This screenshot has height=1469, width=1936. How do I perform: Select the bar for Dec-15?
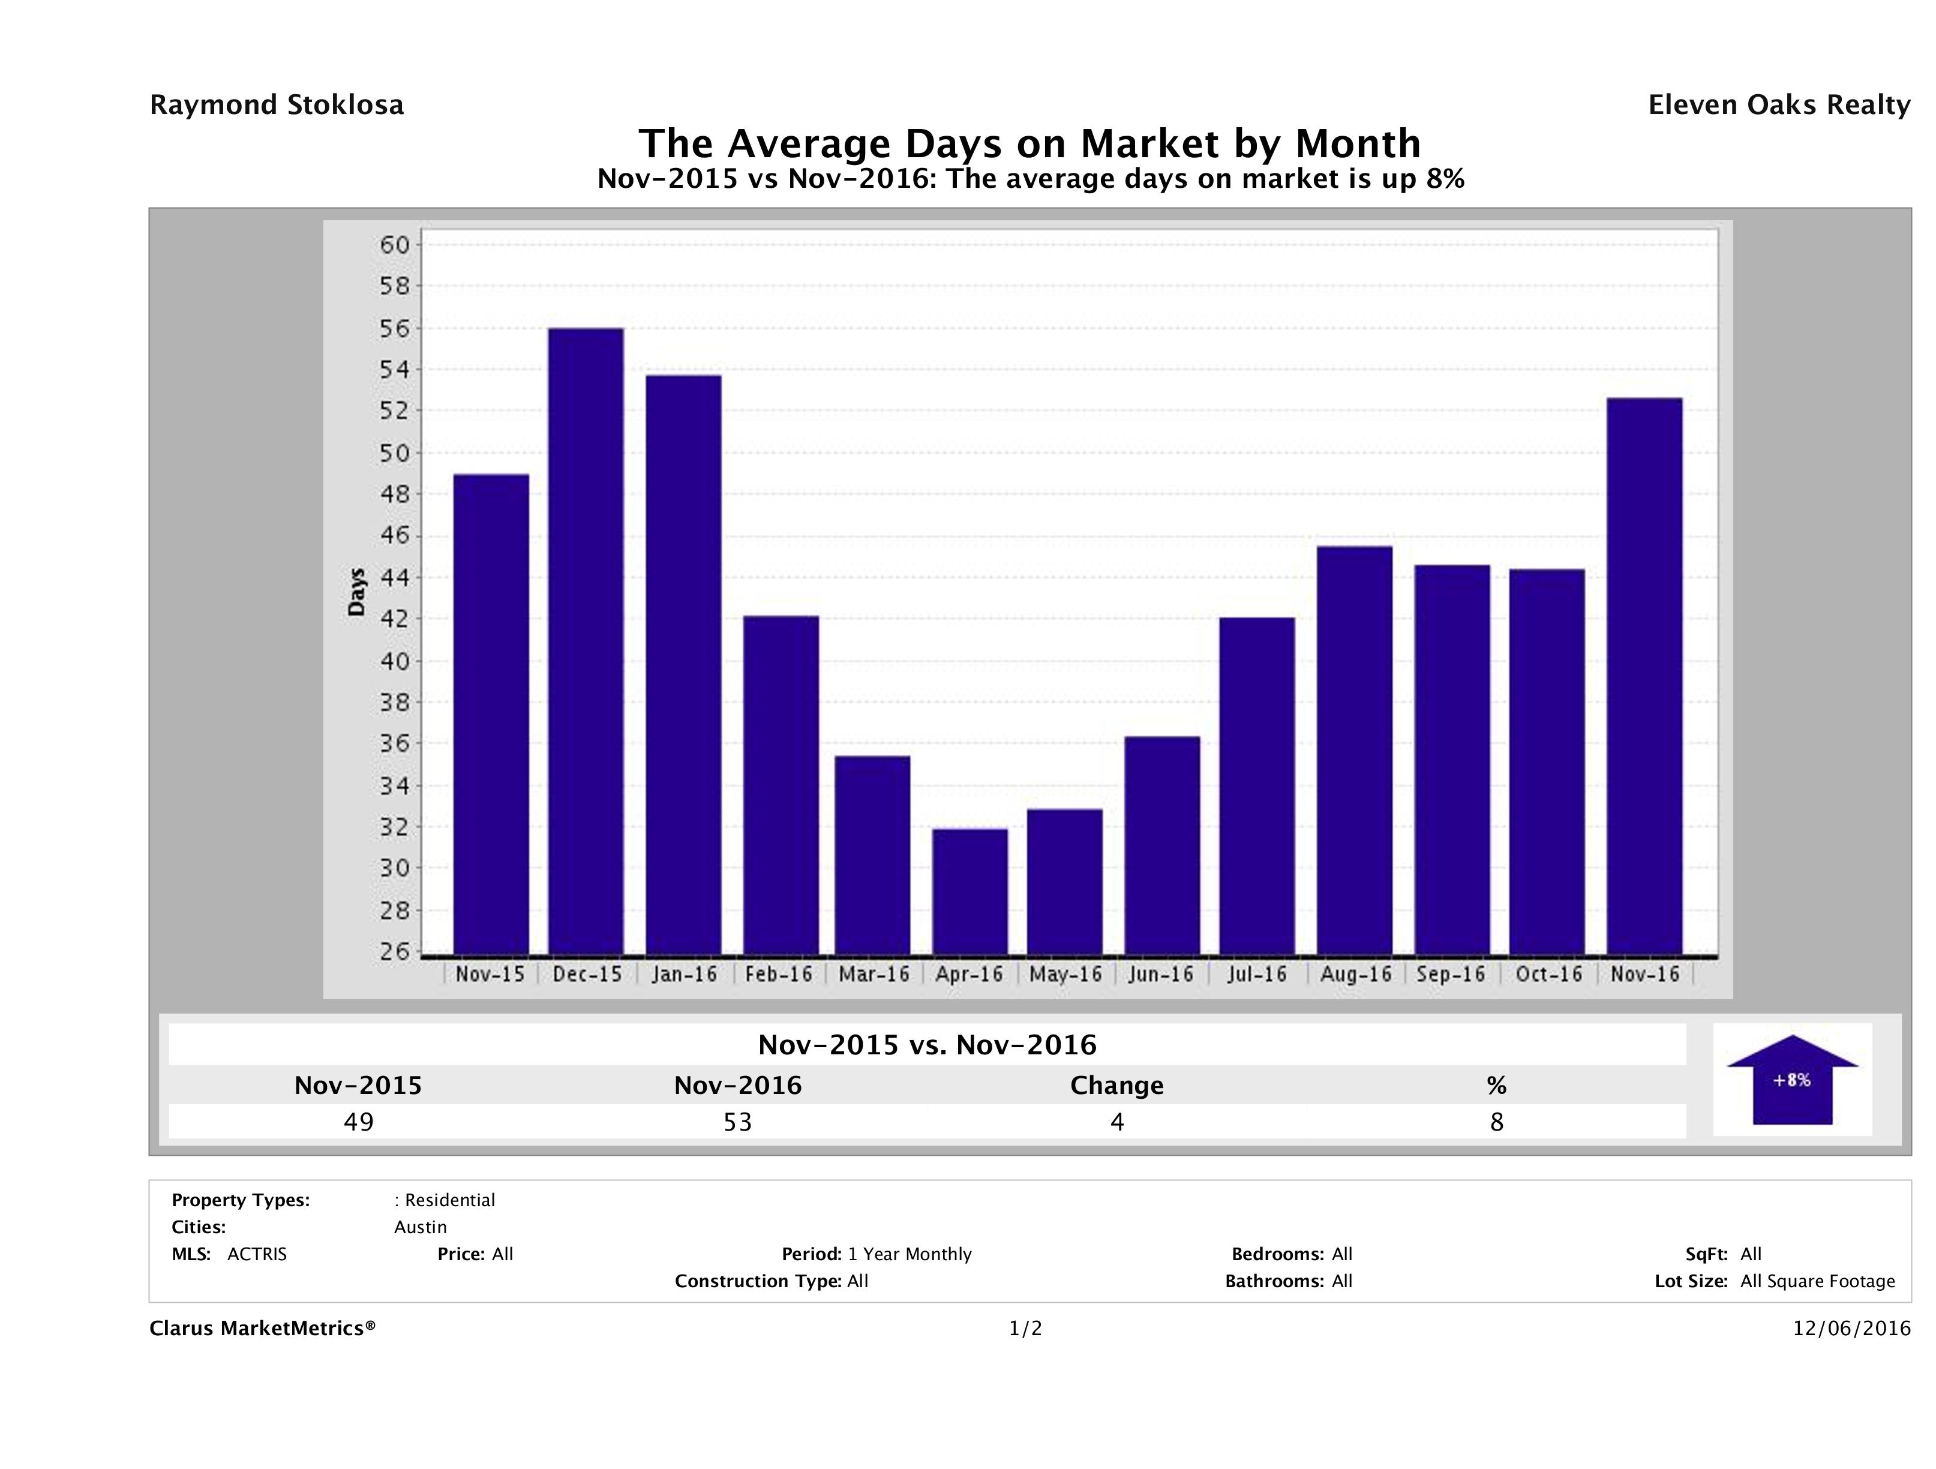click(x=586, y=641)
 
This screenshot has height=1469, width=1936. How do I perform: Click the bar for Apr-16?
click(x=969, y=891)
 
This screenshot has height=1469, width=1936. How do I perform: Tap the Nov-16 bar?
click(x=1644, y=676)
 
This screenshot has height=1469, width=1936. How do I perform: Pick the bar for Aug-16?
click(x=1354, y=750)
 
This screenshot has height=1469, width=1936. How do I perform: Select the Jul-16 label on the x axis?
click(x=1257, y=975)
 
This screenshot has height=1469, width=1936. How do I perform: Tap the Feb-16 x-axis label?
click(x=778, y=975)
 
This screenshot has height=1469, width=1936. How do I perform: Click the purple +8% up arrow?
click(x=1791, y=1080)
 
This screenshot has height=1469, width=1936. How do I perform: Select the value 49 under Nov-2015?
click(x=359, y=1122)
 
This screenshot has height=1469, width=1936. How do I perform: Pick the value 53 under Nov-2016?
click(x=738, y=1122)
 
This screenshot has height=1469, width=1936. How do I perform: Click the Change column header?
click(x=1117, y=1086)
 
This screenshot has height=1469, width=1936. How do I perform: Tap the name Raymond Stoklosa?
click(x=277, y=105)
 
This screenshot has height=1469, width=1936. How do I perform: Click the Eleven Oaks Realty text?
click(x=1778, y=105)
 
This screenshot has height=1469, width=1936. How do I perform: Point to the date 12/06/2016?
click(x=1851, y=1328)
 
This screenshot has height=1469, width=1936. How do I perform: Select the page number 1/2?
click(x=1025, y=1328)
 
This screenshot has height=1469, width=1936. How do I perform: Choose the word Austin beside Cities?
click(x=420, y=1227)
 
